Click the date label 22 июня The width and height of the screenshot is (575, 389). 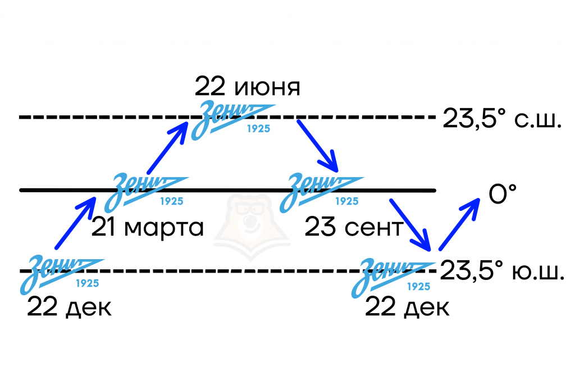(x=247, y=87)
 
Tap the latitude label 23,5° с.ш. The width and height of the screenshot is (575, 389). (x=502, y=118)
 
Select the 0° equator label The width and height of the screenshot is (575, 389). (x=503, y=193)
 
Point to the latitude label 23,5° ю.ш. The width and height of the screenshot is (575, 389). (x=502, y=270)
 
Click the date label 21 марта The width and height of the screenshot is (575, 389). (x=148, y=227)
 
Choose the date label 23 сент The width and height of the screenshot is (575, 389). (x=354, y=227)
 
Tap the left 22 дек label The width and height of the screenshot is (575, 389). (x=69, y=307)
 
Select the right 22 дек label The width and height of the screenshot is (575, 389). (x=407, y=307)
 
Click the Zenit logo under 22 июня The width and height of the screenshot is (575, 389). (x=233, y=120)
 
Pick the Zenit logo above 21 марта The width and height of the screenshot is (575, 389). (x=146, y=192)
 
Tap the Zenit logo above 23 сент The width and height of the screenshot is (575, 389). (x=321, y=192)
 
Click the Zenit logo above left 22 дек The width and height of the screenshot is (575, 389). (x=62, y=274)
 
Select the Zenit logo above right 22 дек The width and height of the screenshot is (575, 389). (x=393, y=278)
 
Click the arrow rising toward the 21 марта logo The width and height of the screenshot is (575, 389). (x=76, y=223)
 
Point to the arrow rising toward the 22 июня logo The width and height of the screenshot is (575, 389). (x=167, y=147)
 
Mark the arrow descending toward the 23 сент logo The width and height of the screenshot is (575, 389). (x=318, y=146)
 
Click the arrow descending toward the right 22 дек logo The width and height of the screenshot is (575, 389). (x=410, y=225)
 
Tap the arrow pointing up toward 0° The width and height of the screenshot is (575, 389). (x=459, y=224)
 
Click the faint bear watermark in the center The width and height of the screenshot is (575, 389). (x=252, y=228)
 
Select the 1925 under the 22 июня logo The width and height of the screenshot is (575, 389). (x=258, y=129)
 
